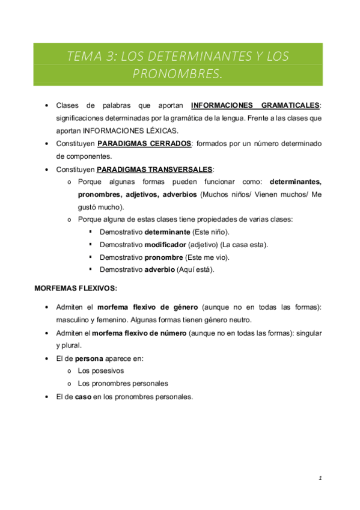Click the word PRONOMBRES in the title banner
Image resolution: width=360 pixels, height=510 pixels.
177,74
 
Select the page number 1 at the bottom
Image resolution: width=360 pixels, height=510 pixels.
320,479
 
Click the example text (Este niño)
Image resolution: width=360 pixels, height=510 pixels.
210,232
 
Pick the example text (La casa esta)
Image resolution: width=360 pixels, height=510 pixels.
245,244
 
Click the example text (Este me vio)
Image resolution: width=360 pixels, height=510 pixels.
211,257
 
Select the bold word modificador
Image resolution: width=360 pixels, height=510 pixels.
166,244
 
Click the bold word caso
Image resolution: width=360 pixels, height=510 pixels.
83,396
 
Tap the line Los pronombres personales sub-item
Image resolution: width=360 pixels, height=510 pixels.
123,383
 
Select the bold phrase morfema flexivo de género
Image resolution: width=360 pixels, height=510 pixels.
148,307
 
